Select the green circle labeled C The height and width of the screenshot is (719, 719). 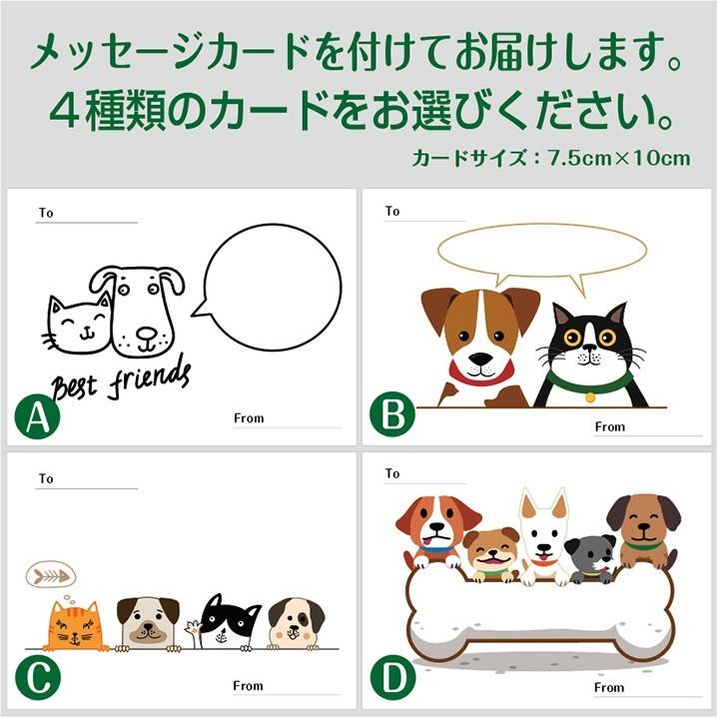(37, 679)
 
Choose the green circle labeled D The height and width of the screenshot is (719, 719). (389, 679)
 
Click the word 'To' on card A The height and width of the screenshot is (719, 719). (46, 213)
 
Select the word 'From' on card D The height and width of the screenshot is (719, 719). (609, 687)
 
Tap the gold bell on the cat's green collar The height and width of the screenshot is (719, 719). (590, 396)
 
